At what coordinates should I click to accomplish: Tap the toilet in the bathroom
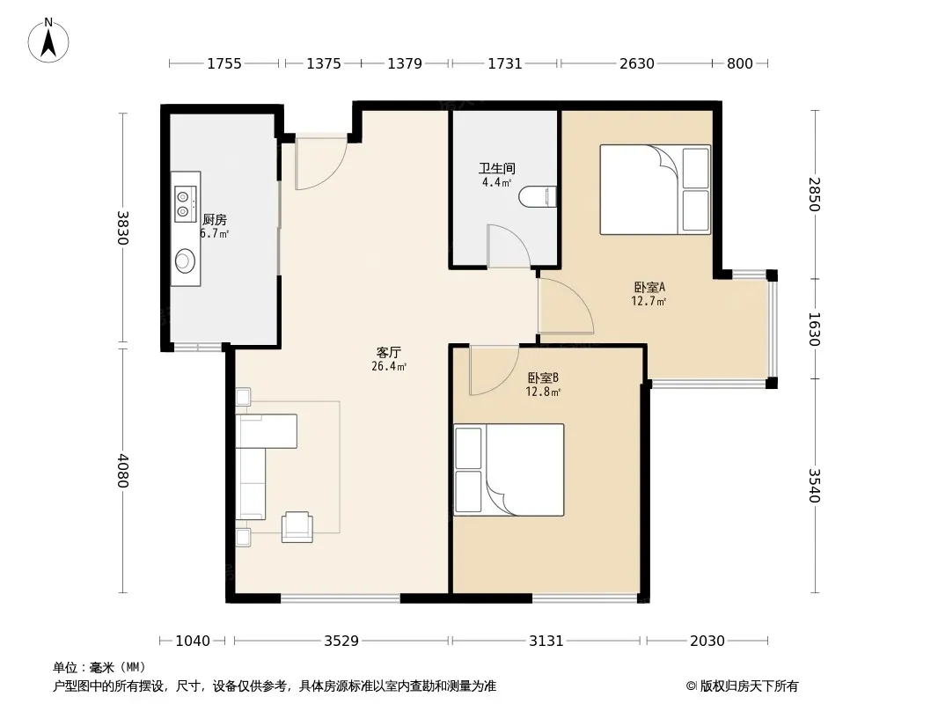pyautogui.click(x=538, y=197)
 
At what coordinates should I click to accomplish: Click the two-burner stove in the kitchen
pyautogui.click(x=186, y=203)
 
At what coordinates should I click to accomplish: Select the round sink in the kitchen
pyautogui.click(x=185, y=261)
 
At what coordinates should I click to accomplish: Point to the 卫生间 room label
pyautogui.click(x=496, y=169)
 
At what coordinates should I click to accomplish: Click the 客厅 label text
pyautogui.click(x=388, y=352)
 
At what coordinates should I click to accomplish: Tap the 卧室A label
pyautogui.click(x=649, y=288)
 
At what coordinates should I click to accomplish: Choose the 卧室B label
pyautogui.click(x=543, y=378)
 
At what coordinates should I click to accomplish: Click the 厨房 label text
pyautogui.click(x=214, y=219)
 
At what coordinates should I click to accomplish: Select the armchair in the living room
pyautogui.click(x=297, y=527)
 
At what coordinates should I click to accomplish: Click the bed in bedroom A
pyautogui.click(x=655, y=189)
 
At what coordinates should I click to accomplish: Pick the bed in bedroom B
pyautogui.click(x=509, y=470)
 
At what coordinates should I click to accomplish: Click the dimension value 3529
pyautogui.click(x=341, y=642)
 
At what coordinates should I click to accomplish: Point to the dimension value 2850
pyautogui.click(x=814, y=194)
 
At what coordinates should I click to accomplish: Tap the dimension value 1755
pyautogui.click(x=224, y=63)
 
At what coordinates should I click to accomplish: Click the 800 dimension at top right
pyautogui.click(x=740, y=63)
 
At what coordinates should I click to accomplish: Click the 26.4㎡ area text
pyautogui.click(x=389, y=367)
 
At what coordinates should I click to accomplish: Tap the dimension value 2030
pyautogui.click(x=707, y=642)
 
